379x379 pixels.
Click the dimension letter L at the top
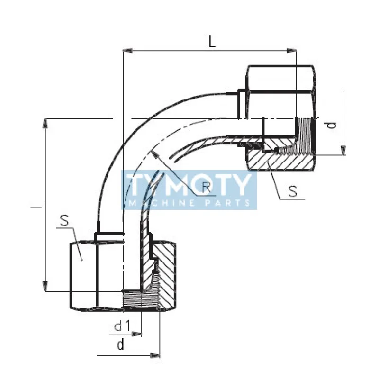[213, 41]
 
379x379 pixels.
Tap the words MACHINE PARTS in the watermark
[189, 203]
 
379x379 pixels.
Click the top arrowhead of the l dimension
[45, 123]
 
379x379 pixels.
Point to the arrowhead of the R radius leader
[153, 152]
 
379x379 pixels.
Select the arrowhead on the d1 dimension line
[138, 334]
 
